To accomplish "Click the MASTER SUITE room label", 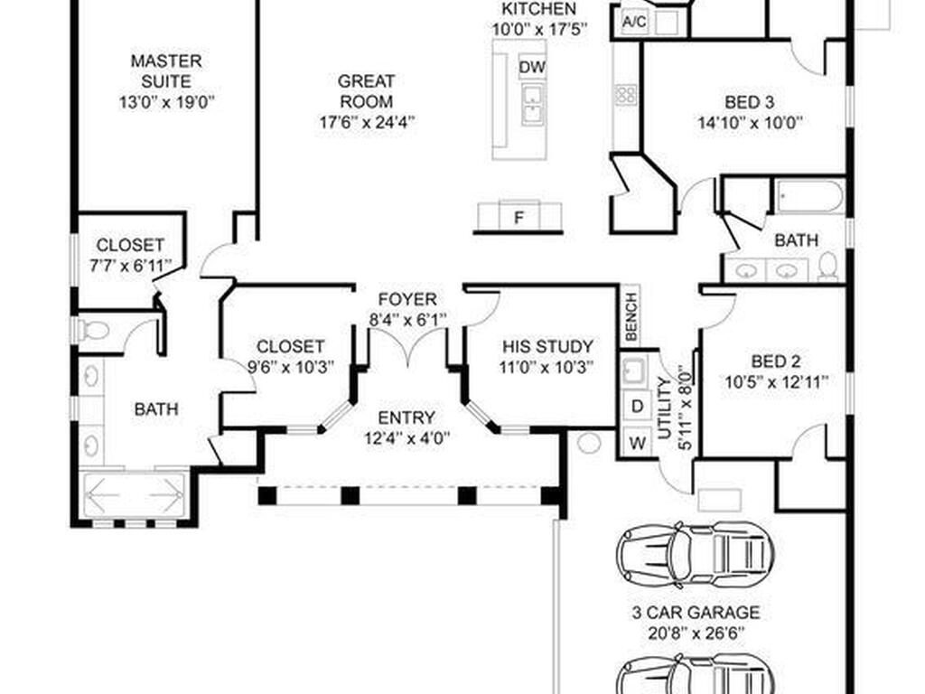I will click(x=166, y=71).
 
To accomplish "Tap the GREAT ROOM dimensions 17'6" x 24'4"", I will click(x=366, y=121).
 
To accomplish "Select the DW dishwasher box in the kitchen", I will click(x=532, y=68).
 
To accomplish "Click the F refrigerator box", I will click(x=519, y=218).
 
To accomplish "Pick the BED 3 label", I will click(x=749, y=101).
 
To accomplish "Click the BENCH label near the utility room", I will click(x=631, y=316).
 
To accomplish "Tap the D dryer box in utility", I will click(x=637, y=407).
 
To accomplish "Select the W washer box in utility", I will click(x=637, y=443).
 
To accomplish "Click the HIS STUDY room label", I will click(x=548, y=346).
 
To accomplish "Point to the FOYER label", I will click(x=407, y=299).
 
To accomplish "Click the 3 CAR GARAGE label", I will click(x=695, y=613).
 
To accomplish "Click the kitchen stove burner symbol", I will click(x=626, y=94).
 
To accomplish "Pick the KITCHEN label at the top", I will click(x=538, y=9).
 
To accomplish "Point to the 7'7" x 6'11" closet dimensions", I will click(x=130, y=264).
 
